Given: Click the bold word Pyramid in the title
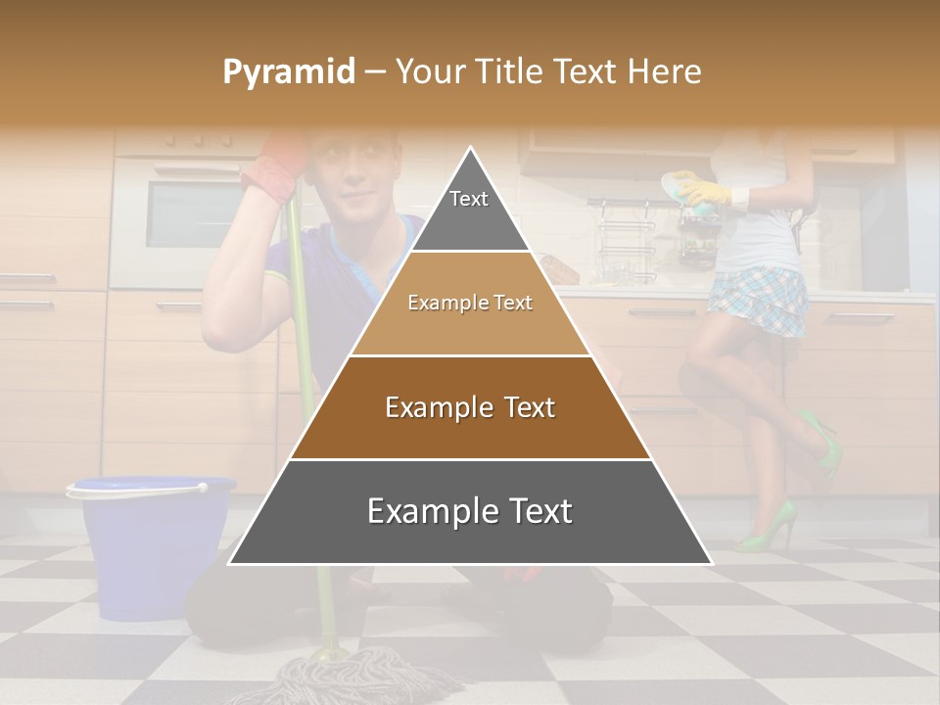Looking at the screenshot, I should [x=288, y=72].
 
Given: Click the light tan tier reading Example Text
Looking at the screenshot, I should [x=470, y=304].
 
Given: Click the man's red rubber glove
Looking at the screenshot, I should [x=279, y=166].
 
